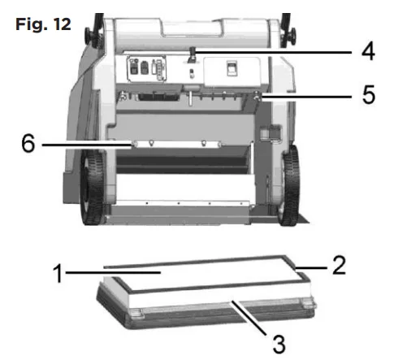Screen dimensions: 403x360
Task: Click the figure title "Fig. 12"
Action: coord(43,24)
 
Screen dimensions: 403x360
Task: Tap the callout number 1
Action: coord(58,273)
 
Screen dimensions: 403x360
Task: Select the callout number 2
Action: coord(339,265)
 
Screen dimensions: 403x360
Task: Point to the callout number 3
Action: coord(279,344)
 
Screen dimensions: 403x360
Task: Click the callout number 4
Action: coord(368,51)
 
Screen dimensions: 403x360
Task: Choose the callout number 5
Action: coord(369,94)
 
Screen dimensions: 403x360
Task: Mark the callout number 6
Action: coord(28,143)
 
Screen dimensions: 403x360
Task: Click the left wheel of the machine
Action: coord(92,187)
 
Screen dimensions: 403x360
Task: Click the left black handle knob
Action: coord(91,35)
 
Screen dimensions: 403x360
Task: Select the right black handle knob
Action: coord(289,35)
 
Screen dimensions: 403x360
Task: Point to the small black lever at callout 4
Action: coord(192,54)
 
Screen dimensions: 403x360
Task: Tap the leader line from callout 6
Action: coord(87,145)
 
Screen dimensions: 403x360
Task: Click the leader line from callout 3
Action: coord(249,319)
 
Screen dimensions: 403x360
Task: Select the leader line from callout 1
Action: coord(113,272)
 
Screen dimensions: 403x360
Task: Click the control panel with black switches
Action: coord(146,68)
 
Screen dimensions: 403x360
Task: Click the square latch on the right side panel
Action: coord(271,132)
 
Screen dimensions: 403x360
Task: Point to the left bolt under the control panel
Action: coord(123,96)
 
